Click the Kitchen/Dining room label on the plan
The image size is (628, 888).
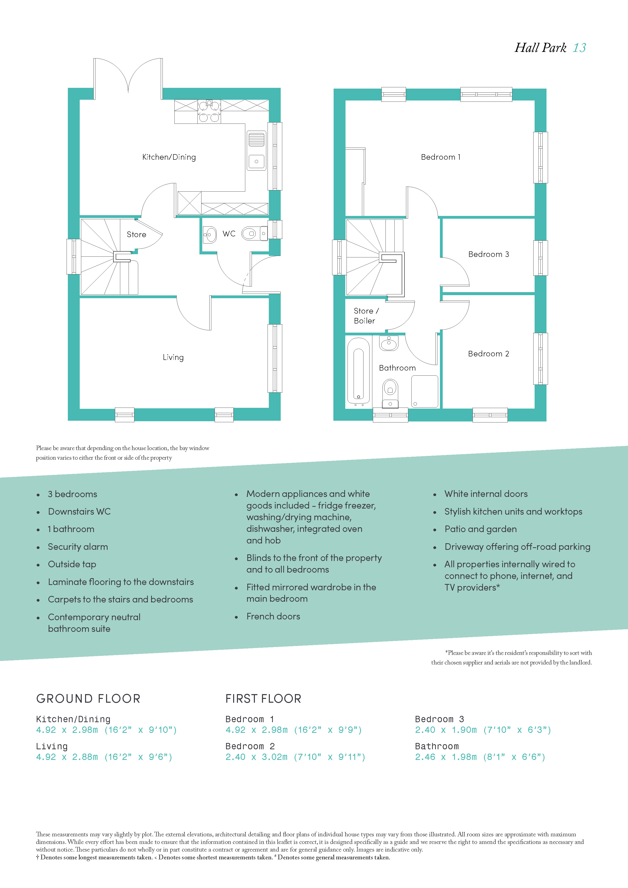[169, 157]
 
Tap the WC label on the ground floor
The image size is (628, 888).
[229, 234]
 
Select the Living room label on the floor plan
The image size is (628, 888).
[173, 357]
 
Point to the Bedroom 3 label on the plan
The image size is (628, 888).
[488, 254]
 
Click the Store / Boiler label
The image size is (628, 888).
[366, 316]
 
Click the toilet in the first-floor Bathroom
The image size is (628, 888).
[390, 393]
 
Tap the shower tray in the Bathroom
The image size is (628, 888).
[424, 391]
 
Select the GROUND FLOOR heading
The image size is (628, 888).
[88, 698]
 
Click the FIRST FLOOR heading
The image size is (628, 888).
[263, 698]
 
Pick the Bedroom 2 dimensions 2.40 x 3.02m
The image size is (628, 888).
[256, 757]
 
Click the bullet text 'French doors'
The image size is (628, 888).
[273, 616]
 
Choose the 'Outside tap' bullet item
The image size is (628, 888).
[72, 564]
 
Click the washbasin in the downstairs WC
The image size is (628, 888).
[210, 234]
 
